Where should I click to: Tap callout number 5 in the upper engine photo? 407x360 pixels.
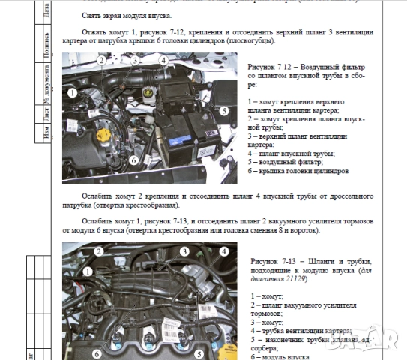pyautogui.click(x=224, y=109)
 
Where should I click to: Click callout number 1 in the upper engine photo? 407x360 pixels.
pyautogui.click(x=72, y=92)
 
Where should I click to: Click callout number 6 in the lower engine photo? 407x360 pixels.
pyautogui.click(x=96, y=350)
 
